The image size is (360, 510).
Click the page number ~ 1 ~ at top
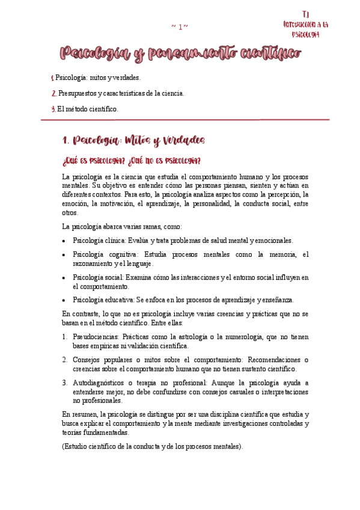pos(180,26)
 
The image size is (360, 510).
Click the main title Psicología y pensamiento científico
pos(180,55)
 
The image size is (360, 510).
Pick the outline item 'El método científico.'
pos(88,109)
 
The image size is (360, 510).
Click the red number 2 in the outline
pos(54,93)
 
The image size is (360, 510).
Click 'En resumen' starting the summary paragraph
pos(80,414)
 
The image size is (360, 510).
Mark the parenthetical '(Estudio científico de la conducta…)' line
pos(153,446)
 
